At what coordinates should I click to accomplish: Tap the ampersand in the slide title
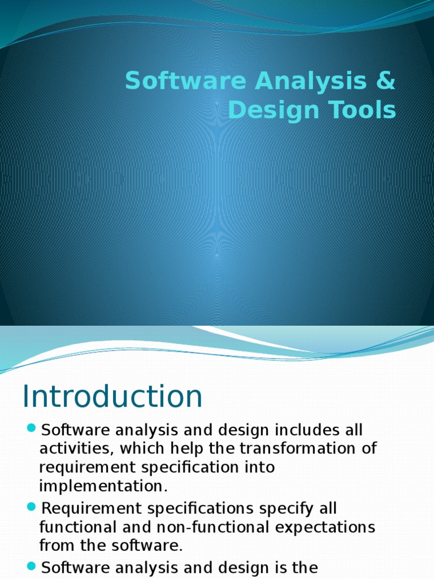(x=385, y=81)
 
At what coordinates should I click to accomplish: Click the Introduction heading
(x=112, y=396)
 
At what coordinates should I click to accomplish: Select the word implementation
(x=103, y=486)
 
